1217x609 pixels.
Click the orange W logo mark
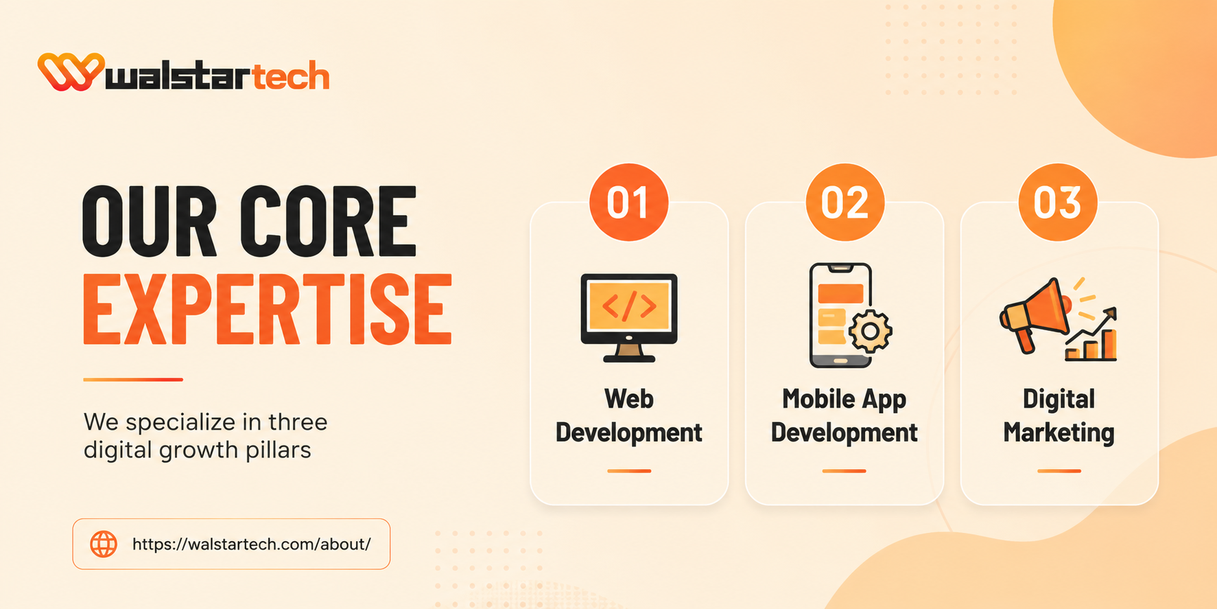(x=71, y=71)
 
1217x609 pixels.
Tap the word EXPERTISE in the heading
(x=268, y=309)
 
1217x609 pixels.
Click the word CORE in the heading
(x=328, y=221)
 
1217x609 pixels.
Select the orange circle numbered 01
(x=628, y=202)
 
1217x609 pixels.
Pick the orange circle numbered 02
(x=844, y=202)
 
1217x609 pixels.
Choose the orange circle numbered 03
(x=1058, y=202)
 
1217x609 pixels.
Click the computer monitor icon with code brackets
(x=629, y=317)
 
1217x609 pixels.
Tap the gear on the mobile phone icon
(x=870, y=331)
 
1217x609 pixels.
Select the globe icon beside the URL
(x=104, y=544)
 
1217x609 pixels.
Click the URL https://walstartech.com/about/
(x=251, y=544)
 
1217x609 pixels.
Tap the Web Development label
(x=628, y=416)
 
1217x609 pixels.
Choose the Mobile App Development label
(x=844, y=416)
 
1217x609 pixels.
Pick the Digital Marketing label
(x=1059, y=416)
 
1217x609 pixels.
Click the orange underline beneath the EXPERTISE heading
(x=133, y=379)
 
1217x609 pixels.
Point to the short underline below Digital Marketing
(x=1059, y=471)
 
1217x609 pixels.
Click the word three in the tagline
(x=298, y=422)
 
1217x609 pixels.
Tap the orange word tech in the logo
(x=291, y=76)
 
